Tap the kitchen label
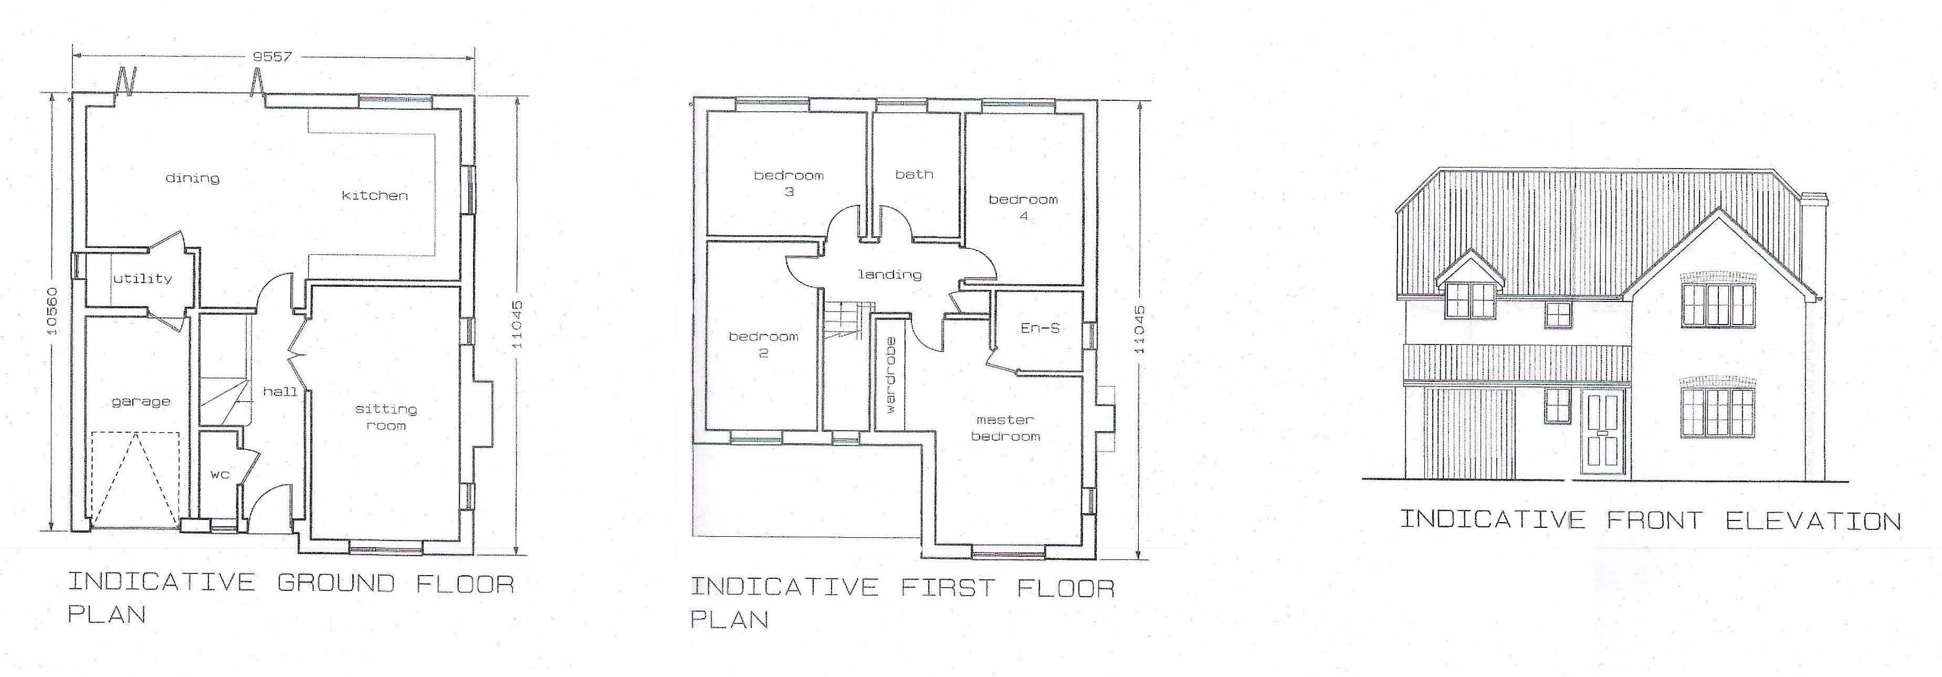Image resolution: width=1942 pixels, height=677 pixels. (375, 195)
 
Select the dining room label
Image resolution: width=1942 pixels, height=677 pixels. (192, 178)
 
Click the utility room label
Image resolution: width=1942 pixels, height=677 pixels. (142, 278)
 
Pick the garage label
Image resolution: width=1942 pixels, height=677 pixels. (141, 402)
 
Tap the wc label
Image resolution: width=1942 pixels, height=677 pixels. (219, 474)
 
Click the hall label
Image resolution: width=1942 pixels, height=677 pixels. (280, 391)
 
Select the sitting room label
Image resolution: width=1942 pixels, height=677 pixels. (386, 417)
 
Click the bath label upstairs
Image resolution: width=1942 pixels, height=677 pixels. (915, 174)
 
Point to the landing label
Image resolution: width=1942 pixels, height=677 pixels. (889, 274)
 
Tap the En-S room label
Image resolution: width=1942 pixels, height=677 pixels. (1040, 328)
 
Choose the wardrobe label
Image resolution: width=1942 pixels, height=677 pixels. (890, 374)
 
